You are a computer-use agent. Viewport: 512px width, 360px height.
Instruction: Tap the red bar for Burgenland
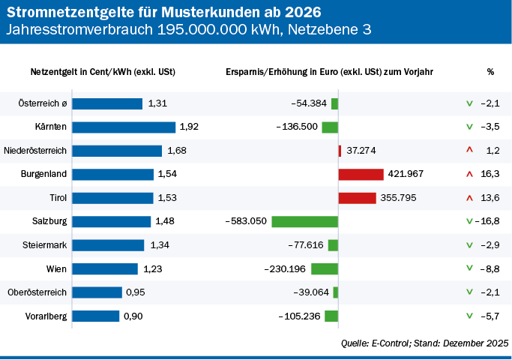[x=361, y=174]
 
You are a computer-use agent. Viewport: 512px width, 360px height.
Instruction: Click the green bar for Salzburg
[x=304, y=221]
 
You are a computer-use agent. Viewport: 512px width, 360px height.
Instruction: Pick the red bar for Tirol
[x=357, y=198]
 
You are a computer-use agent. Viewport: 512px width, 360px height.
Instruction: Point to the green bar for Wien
[x=325, y=268]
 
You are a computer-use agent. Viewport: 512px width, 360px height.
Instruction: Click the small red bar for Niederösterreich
[x=340, y=151]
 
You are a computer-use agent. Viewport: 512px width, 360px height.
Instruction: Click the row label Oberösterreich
[x=37, y=292]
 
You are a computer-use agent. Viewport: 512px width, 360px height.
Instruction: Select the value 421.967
[x=406, y=174]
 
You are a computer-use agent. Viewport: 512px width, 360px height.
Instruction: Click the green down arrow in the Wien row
[x=469, y=268]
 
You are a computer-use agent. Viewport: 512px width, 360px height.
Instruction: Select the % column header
[x=490, y=72]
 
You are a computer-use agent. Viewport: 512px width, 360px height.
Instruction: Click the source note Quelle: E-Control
[x=425, y=343]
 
